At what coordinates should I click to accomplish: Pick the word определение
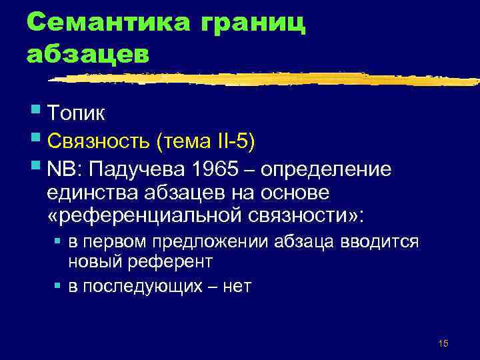(x=326, y=170)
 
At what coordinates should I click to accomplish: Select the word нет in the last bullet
(x=238, y=286)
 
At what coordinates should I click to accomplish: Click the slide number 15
(x=444, y=343)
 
